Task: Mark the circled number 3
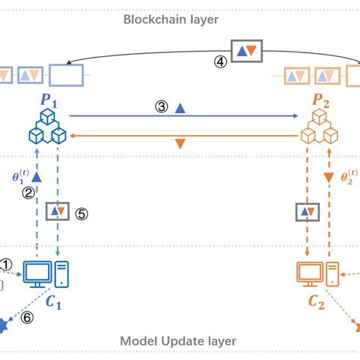pos(161,108)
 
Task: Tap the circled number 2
pos(28,193)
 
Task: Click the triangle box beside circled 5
pos(59,210)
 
